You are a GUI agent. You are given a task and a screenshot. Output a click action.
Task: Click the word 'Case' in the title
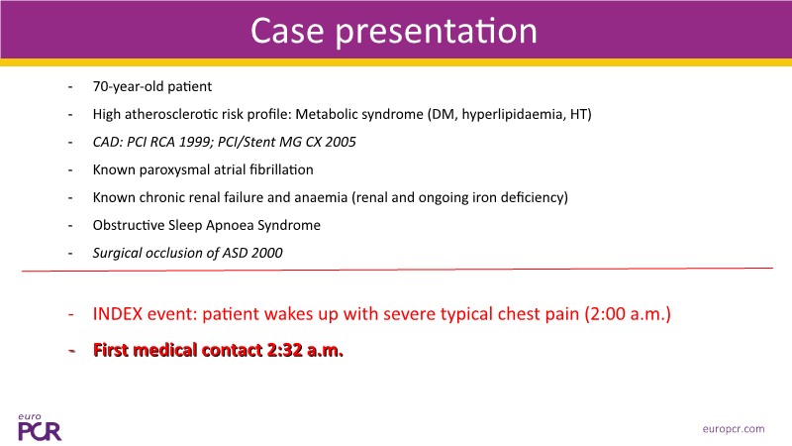(287, 31)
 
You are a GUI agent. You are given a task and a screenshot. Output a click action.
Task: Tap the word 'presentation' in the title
(437, 33)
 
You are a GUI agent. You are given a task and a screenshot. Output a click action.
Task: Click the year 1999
(194, 142)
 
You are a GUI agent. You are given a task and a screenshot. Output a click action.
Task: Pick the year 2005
(341, 142)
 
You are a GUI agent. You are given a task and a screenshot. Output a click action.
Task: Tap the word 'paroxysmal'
(171, 170)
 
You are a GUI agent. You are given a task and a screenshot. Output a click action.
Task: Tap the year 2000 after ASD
(267, 253)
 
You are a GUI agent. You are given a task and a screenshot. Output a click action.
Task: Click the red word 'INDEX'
(118, 314)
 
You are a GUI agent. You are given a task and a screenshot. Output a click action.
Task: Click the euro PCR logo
(40, 427)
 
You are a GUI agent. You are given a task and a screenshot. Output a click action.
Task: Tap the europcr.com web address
(734, 429)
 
